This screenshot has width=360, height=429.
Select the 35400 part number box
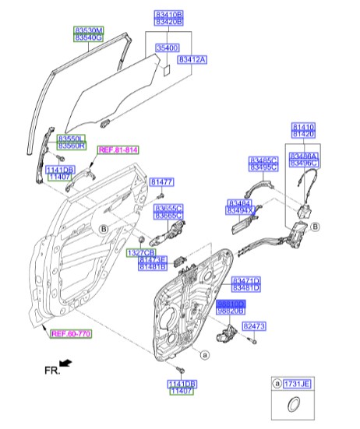[x=168, y=47]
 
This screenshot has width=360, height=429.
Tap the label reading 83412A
[x=192, y=59]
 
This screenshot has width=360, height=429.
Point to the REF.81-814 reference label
[x=118, y=149]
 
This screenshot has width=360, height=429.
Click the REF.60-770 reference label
[x=71, y=334]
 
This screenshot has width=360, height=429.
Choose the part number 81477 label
[x=162, y=181]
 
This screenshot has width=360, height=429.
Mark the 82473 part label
[x=255, y=326]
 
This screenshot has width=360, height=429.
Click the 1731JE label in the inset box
[x=298, y=385]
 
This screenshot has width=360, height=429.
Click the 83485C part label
[x=263, y=160]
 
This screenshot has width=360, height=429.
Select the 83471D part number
[x=246, y=280]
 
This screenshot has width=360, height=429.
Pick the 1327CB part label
[x=142, y=253]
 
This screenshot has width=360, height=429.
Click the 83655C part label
[x=168, y=208]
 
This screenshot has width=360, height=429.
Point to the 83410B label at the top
[x=168, y=15]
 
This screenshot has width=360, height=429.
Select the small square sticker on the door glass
[x=165, y=69]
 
